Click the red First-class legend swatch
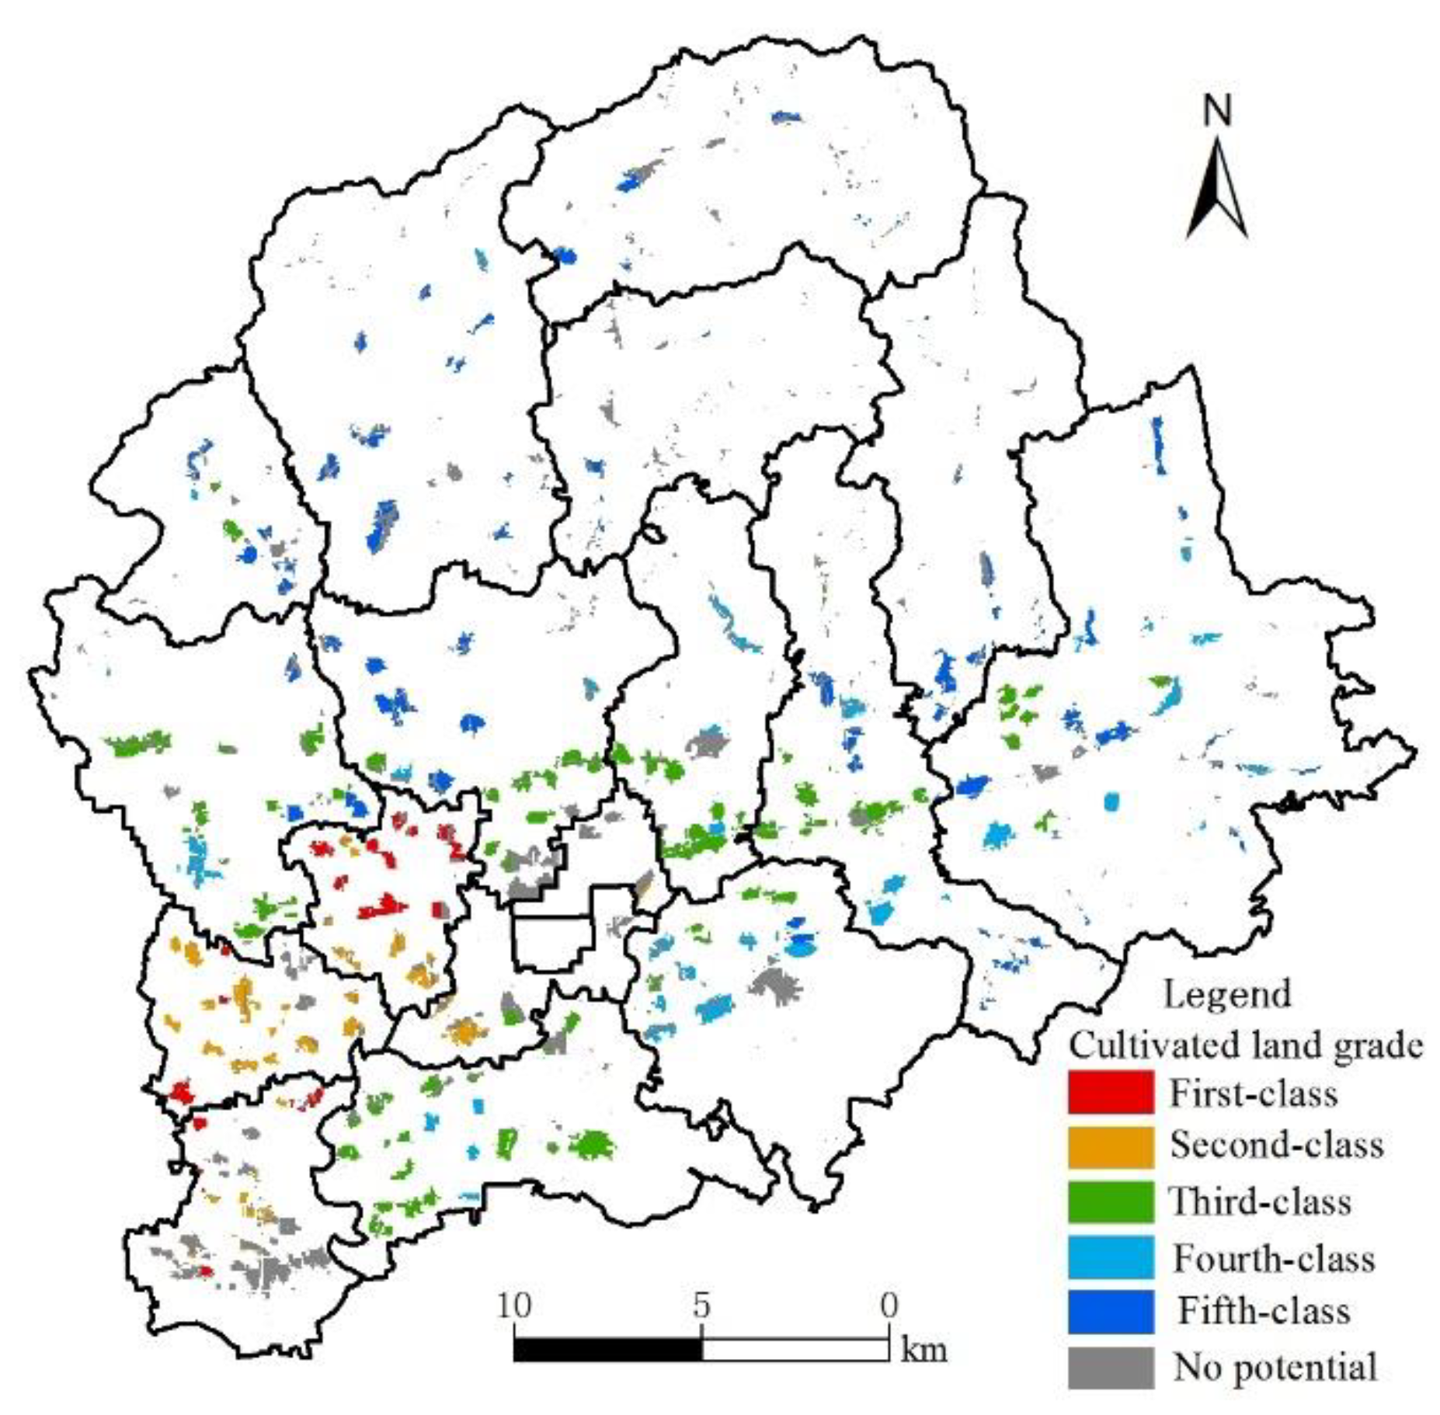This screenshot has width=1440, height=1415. tap(1110, 1091)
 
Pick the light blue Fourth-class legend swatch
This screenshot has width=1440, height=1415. tap(1110, 1257)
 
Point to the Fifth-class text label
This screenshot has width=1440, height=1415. tap(1264, 1311)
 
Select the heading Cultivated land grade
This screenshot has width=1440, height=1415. tap(1246, 1045)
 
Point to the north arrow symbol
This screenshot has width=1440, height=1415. tap(1216, 190)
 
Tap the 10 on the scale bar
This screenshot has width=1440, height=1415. tap(514, 1305)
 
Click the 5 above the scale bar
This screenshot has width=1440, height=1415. tap(701, 1305)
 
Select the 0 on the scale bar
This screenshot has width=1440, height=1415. tap(889, 1305)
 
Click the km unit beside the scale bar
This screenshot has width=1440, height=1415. tap(923, 1350)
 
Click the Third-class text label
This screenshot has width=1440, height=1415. tap(1260, 1202)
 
